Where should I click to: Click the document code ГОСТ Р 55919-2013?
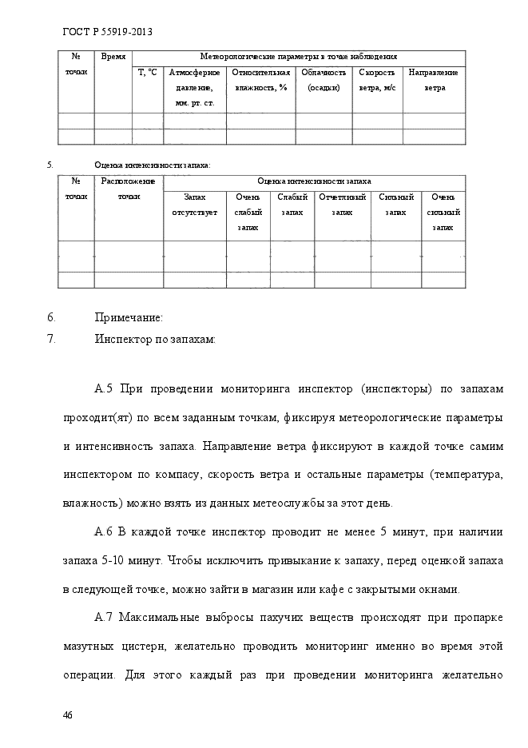pyautogui.click(x=107, y=32)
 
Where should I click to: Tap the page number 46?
pyautogui.click(x=68, y=714)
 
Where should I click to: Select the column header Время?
pyautogui.click(x=113, y=58)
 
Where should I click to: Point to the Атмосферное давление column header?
pyautogui.click(x=194, y=87)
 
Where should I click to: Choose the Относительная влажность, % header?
pyautogui.click(x=260, y=80)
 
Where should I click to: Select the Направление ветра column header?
pyautogui.click(x=435, y=80)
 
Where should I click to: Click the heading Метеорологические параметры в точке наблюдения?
pyautogui.click(x=298, y=58)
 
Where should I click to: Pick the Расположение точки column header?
pyautogui.click(x=128, y=189)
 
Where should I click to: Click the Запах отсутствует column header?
pyautogui.click(x=194, y=204)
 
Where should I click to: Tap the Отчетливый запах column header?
pyautogui.click(x=342, y=204)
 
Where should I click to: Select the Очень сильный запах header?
pyautogui.click(x=443, y=212)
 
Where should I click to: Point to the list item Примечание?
pyautogui.click(x=129, y=317)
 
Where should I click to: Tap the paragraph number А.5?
pyautogui.click(x=105, y=389)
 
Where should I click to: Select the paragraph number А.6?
pyautogui.click(x=105, y=531)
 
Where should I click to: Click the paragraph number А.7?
pyautogui.click(x=105, y=619)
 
